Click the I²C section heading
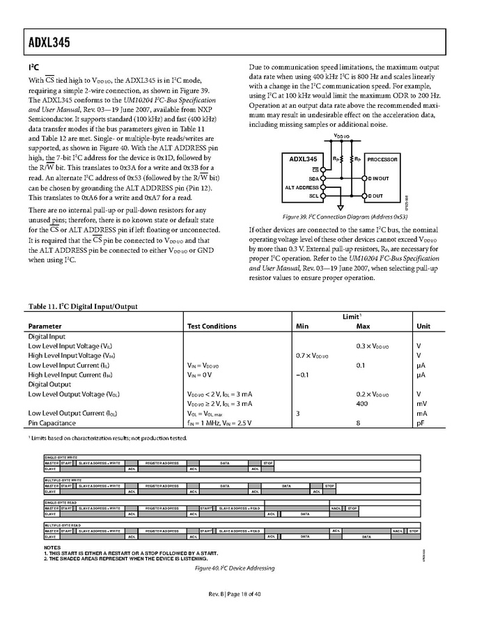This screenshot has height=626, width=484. (x=33, y=68)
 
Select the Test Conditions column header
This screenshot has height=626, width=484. (x=212, y=326)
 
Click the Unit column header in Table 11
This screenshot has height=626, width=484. (x=423, y=326)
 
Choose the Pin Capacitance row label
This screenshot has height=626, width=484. (x=52, y=423)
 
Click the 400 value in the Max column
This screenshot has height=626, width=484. (x=362, y=403)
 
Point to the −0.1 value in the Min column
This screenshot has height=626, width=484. (x=302, y=374)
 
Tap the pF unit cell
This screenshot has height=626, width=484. (x=420, y=423)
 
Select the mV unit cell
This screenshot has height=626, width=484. (x=421, y=403)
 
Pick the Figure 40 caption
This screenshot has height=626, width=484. (x=235, y=568)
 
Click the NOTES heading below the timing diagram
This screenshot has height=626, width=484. (x=52, y=548)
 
